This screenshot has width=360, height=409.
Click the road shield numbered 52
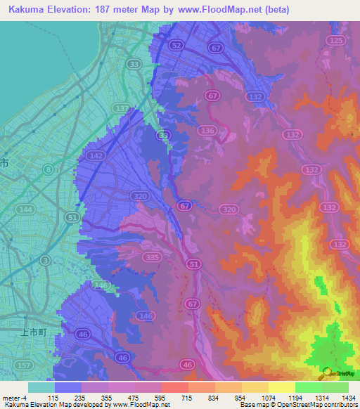[x=177, y=45]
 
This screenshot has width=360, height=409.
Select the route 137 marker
[x=122, y=108]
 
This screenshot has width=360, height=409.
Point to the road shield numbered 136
[x=207, y=131]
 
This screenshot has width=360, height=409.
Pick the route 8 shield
[x=48, y=169]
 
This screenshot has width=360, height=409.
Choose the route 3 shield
[x=45, y=261]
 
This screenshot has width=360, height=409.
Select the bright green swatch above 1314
[x=308, y=387]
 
